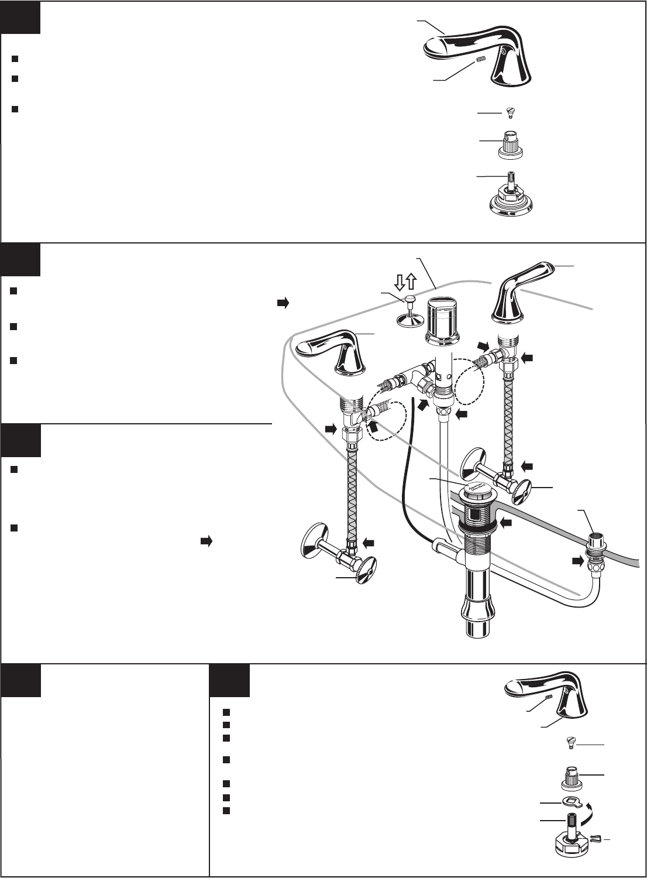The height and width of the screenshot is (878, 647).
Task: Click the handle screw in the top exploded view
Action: [x=509, y=112]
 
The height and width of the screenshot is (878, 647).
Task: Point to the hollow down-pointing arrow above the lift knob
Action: [x=400, y=283]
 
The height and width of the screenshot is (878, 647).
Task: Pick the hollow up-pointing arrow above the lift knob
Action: [x=411, y=283]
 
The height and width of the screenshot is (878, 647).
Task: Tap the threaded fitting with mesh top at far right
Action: [x=595, y=539]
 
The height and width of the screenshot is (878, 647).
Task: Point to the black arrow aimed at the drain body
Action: [x=507, y=521]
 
